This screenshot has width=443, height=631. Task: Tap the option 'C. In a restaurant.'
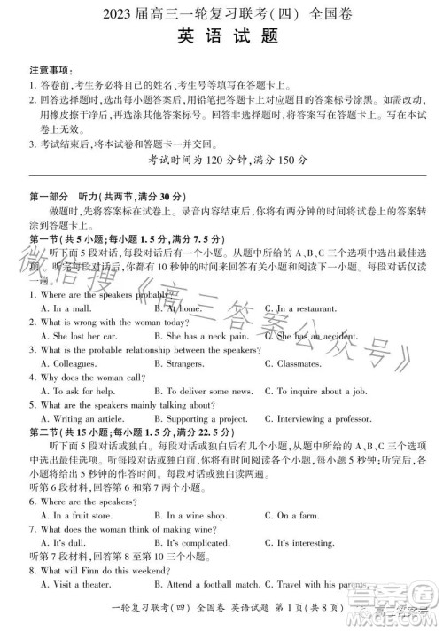pyautogui.click(x=306, y=308)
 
